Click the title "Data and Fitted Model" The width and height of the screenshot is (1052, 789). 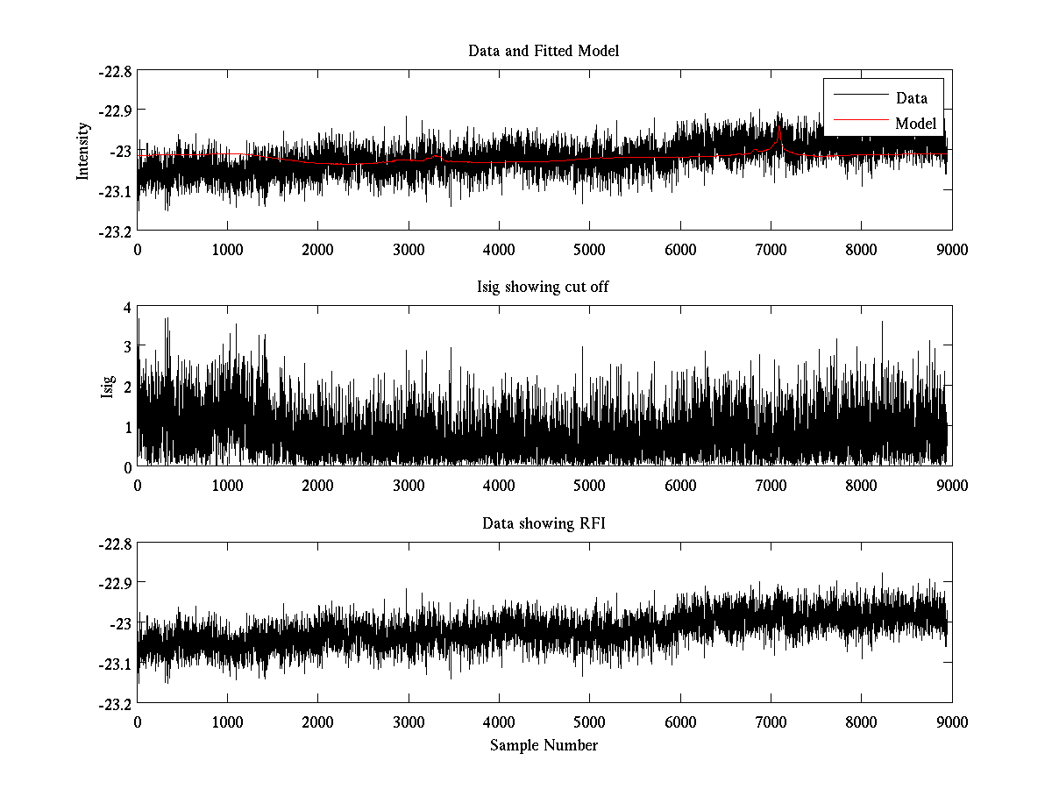[544, 51]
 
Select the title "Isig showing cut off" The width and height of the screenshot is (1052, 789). [544, 288]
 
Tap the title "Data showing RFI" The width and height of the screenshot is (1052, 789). [544, 523]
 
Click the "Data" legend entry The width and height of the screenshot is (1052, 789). [911, 98]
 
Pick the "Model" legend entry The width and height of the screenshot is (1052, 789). [915, 124]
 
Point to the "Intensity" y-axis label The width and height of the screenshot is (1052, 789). [83, 150]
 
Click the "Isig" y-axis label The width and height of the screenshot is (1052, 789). [107, 387]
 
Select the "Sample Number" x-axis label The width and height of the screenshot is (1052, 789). [544, 745]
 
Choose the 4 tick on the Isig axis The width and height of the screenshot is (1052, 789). [127, 308]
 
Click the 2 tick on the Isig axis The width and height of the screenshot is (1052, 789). [127, 387]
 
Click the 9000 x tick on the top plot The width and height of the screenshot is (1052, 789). [951, 249]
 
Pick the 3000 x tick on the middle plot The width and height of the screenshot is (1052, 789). [409, 486]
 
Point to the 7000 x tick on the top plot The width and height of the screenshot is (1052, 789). [771, 249]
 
